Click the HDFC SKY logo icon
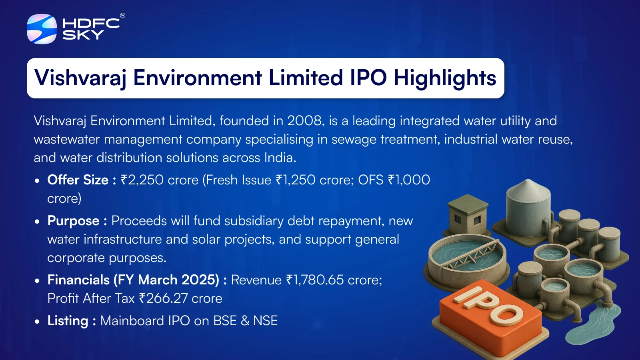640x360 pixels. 42,29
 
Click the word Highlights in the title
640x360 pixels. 445,78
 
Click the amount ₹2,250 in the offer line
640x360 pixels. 142,180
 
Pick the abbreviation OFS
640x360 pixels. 370,180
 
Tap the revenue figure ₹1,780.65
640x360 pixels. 314,280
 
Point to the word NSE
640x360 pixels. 266,320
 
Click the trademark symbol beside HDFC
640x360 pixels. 122,16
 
